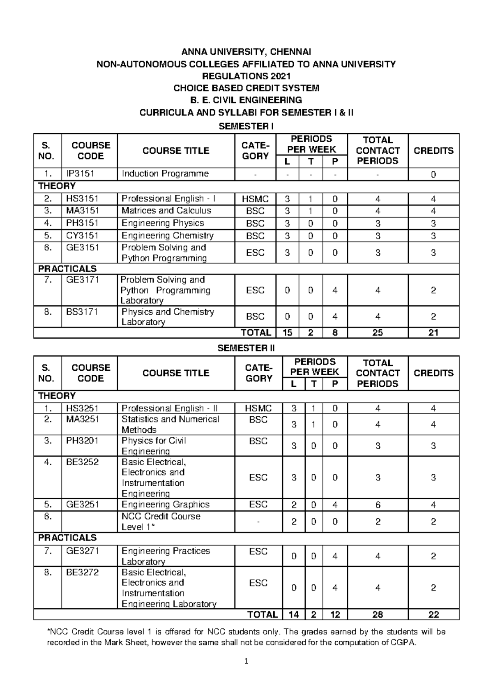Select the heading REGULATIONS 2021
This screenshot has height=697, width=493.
pos(246,76)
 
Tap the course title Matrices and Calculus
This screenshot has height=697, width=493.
pos(166,211)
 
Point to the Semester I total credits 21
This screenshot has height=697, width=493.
pos(433,332)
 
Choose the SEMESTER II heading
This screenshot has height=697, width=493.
pos(246,348)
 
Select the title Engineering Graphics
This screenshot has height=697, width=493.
pos(166,505)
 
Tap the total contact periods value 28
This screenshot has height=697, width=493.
pos(378,615)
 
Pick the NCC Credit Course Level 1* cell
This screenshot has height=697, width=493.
pos(161,522)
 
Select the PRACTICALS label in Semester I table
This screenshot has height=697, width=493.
pos(67,269)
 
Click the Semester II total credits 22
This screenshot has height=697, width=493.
pos(433,615)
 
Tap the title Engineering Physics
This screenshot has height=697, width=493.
pos(163,223)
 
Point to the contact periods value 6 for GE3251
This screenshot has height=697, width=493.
pos(378,505)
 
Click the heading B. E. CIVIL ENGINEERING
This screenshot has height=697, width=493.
pos(246,100)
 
